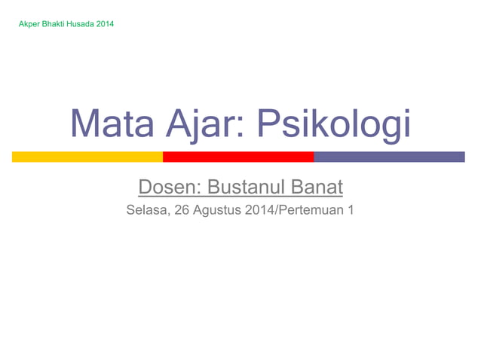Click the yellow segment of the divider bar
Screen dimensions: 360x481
pyautogui.click(x=87, y=157)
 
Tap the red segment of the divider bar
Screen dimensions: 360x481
pyautogui.click(x=238, y=157)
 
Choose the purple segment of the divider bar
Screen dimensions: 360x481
pyautogui.click(x=389, y=157)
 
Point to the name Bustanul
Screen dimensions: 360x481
pyautogui.click(x=244, y=185)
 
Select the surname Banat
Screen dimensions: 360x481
pyautogui.click(x=315, y=185)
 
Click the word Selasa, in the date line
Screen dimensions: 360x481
pyautogui.click(x=148, y=209)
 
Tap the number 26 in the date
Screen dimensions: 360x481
pyautogui.click(x=182, y=209)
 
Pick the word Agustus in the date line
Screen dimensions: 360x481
pyautogui.click(x=218, y=209)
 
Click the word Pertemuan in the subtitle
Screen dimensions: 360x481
pyautogui.click(x=311, y=209)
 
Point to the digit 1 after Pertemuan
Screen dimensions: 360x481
pyautogui.click(x=350, y=209)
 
